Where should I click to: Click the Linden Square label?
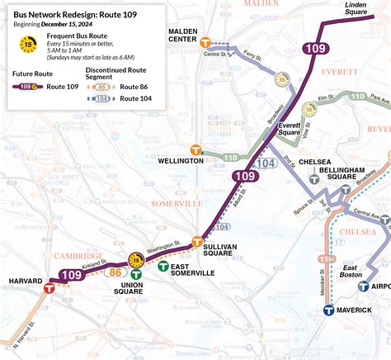355,9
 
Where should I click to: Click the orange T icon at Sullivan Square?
197,242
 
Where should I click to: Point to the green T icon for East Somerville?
163,267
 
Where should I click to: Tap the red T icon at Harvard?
50,288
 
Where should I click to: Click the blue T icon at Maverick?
328,310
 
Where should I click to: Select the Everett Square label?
289,128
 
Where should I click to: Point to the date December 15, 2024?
68,24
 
